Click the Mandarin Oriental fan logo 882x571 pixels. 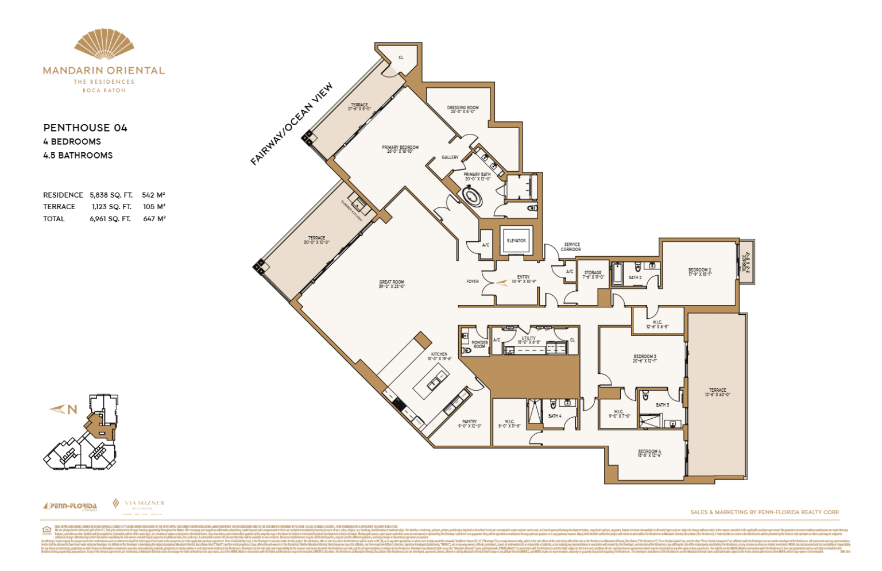tap(104, 45)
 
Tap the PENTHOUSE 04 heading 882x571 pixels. tap(85, 128)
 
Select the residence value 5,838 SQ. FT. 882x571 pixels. tap(111, 195)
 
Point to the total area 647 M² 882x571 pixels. tap(154, 219)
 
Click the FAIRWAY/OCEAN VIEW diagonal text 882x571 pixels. tap(292, 124)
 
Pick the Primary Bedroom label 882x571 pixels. tap(400, 149)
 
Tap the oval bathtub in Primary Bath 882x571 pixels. tap(472, 197)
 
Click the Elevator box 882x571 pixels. tap(516, 241)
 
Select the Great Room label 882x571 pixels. tap(392, 284)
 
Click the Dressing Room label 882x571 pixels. tap(463, 109)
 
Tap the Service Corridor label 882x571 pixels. tap(571, 247)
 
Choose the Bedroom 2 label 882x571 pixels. tap(699, 272)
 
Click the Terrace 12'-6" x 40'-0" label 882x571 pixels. tap(717, 392)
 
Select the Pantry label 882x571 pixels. tap(469, 424)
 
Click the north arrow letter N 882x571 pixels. tap(72, 410)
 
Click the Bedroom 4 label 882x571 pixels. tap(649, 453)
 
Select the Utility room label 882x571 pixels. tap(528, 340)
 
